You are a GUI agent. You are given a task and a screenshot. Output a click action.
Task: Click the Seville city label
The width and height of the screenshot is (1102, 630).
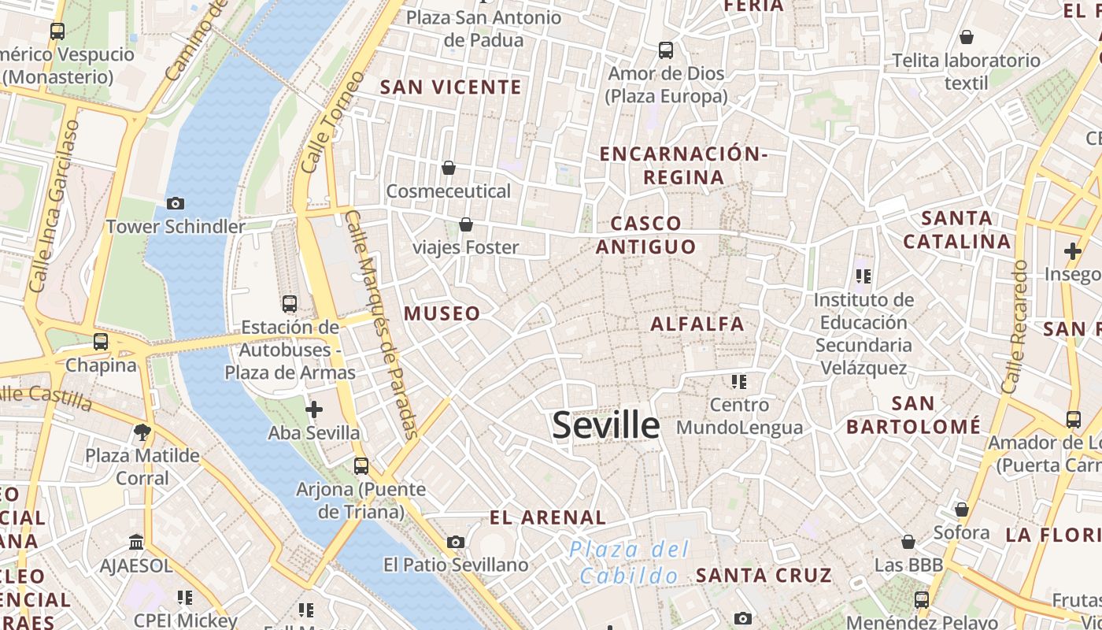point(605,426)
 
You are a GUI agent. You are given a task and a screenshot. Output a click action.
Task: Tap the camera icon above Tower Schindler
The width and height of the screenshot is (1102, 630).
point(176,203)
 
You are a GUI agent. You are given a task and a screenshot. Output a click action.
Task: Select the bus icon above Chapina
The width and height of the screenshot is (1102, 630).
point(101,342)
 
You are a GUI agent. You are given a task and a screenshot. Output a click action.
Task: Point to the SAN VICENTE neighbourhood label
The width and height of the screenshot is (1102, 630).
point(451,87)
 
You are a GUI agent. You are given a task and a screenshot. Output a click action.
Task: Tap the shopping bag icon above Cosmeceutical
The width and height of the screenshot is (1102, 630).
point(449,168)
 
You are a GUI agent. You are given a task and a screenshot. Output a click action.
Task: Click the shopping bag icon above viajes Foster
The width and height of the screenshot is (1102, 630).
point(466,224)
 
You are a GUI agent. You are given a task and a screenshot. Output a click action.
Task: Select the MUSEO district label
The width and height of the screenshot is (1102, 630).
point(442,313)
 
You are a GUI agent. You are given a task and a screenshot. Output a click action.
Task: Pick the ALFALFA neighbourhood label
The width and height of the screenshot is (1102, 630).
point(697,324)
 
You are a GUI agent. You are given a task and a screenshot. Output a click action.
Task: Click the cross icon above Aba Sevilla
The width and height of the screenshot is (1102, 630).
point(314,409)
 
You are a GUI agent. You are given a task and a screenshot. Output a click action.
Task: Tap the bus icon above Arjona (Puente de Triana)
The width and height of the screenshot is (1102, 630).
point(361,466)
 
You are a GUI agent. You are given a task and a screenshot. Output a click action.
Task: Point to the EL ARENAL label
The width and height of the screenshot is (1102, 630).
point(548,517)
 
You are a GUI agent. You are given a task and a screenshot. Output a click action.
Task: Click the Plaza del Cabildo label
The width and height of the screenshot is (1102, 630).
point(629,562)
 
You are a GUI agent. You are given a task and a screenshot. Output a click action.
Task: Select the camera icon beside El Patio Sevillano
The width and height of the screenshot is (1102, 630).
point(456,542)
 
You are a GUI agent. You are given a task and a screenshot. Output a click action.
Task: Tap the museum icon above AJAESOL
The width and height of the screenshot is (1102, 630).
point(136,543)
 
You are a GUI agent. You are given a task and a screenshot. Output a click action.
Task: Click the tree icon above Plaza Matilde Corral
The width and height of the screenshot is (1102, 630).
point(142,432)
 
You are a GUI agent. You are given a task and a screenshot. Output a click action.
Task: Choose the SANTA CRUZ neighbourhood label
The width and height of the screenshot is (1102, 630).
point(764,575)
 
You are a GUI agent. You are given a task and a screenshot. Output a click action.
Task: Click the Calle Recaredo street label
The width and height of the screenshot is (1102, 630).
point(1015,327)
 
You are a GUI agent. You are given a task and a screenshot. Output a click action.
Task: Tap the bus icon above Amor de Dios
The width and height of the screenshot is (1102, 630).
point(666,50)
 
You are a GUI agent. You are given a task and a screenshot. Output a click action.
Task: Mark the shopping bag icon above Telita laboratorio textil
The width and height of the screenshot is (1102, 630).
point(967,37)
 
